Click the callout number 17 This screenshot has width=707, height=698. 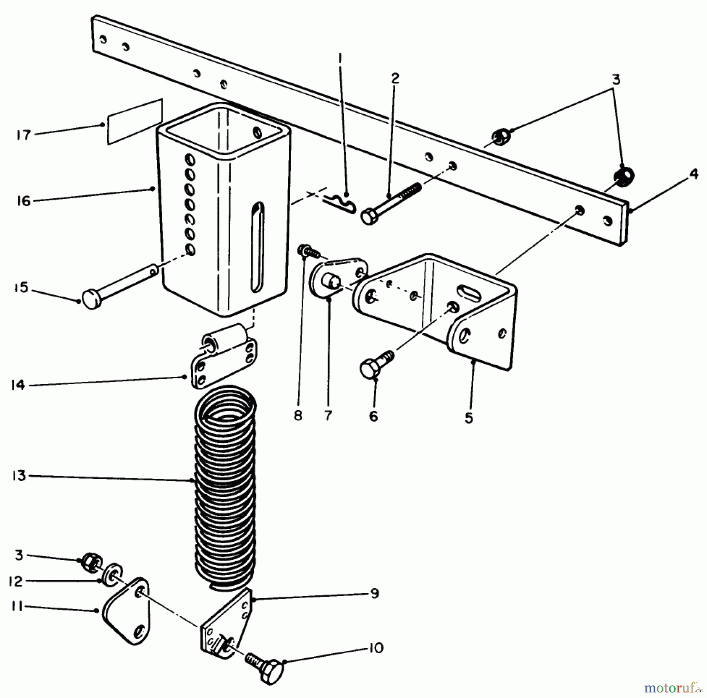tap(24, 136)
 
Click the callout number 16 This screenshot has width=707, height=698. tap(24, 202)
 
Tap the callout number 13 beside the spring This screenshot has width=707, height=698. tap(18, 476)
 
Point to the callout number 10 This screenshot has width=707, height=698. tap(376, 648)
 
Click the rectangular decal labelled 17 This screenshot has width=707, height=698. tap(135, 122)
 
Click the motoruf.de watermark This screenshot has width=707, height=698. tap(673, 687)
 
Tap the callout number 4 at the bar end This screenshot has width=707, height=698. tap(694, 173)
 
